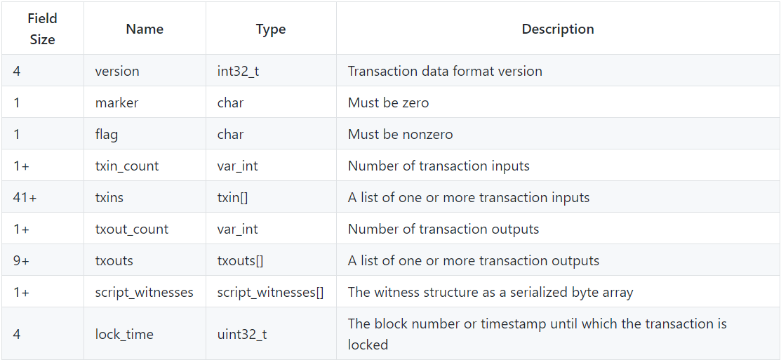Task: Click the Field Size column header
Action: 42,29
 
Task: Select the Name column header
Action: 145,29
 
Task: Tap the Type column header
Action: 271,29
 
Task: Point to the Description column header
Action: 558,29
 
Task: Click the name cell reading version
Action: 117,71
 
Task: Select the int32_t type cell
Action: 238,71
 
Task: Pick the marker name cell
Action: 116,102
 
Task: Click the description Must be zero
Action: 388,102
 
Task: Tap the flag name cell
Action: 107,134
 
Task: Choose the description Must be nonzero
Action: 400,134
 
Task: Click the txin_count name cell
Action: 127,166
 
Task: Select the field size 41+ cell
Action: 25,197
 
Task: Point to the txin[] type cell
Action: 232,197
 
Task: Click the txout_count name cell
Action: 132,229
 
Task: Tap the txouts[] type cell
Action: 240,260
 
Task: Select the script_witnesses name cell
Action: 145,292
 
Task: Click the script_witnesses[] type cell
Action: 270,292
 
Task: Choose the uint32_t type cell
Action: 241,334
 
